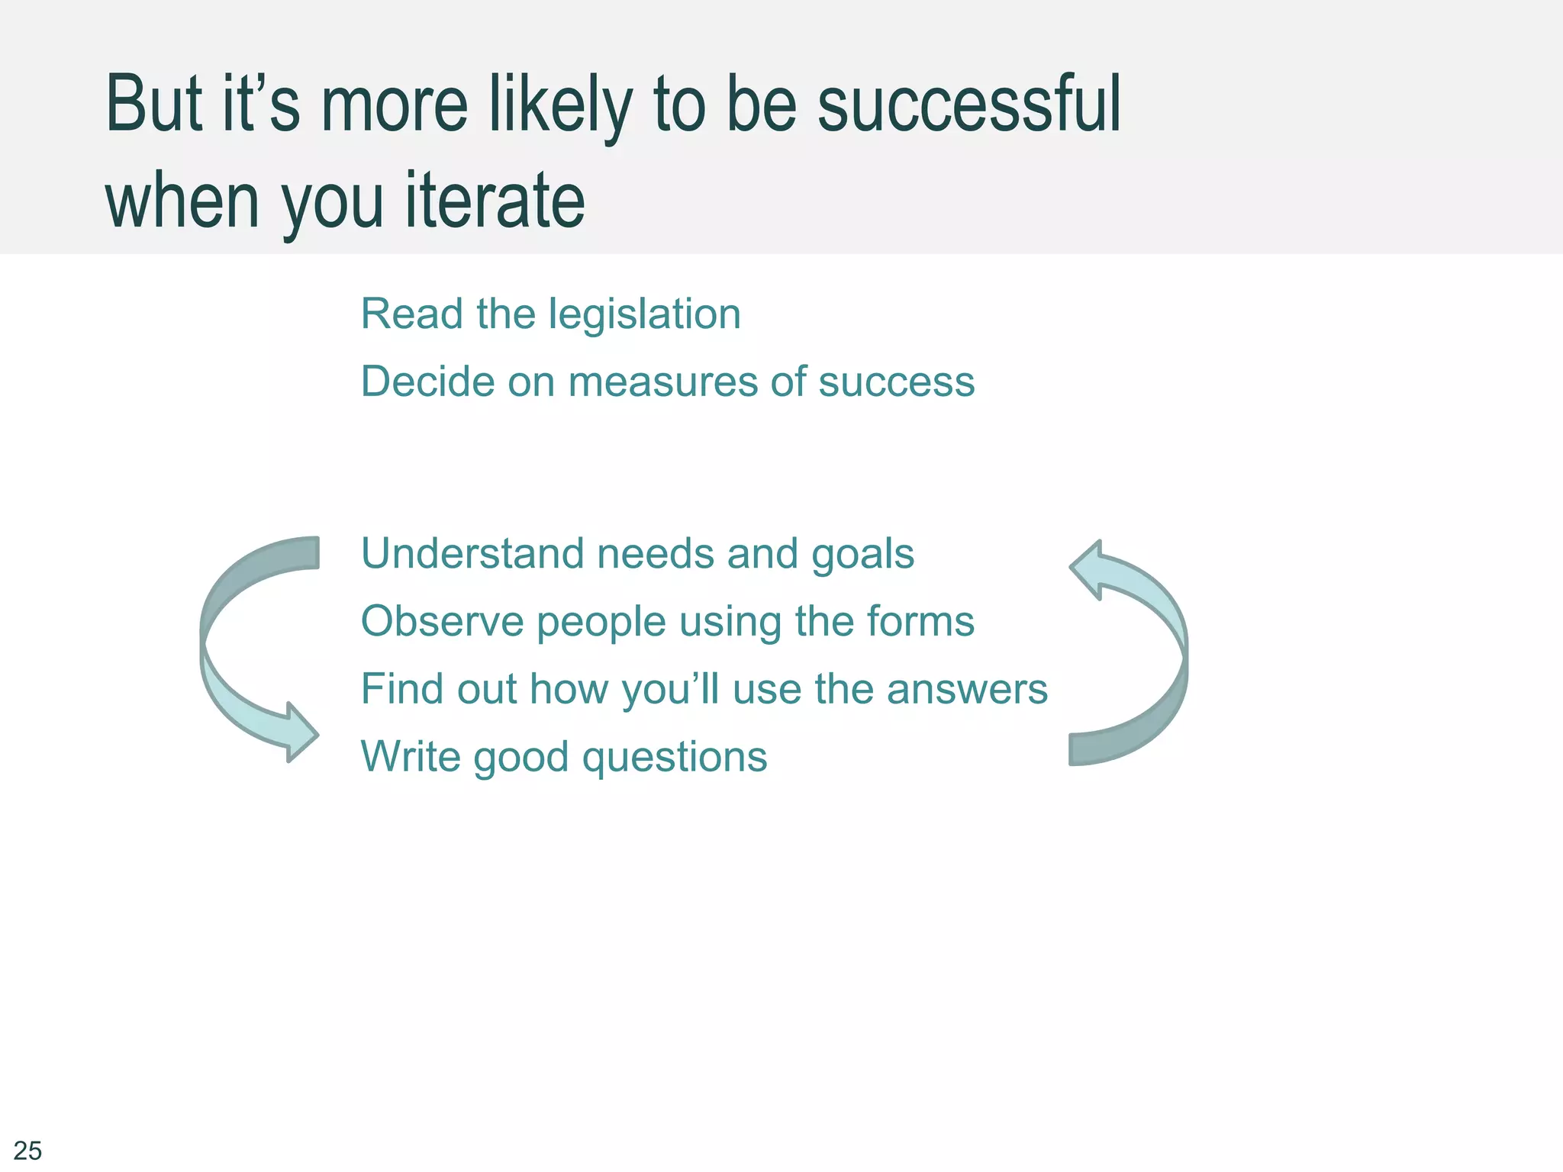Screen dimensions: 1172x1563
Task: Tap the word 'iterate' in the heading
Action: point(495,201)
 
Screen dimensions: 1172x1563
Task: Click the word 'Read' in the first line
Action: point(411,314)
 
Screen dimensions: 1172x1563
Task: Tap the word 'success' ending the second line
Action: point(896,382)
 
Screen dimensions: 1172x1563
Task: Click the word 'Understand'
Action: point(472,553)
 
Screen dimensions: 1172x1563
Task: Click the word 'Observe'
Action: point(442,621)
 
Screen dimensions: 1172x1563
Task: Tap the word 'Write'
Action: point(410,756)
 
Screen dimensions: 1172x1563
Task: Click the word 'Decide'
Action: point(427,382)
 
